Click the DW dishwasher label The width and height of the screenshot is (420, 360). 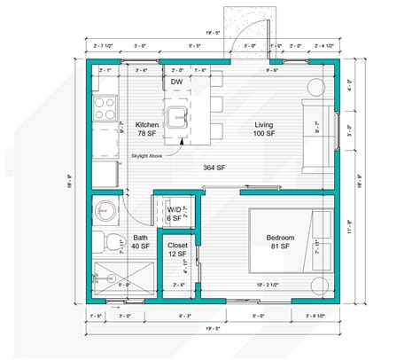click(x=177, y=82)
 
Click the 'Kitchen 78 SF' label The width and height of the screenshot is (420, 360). click(x=147, y=129)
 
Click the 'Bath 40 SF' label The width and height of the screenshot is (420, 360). click(x=141, y=242)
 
